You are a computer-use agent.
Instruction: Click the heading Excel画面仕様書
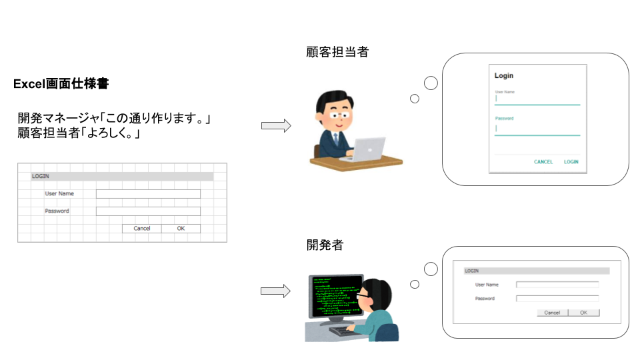[x=61, y=85]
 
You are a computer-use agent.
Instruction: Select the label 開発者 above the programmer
[x=324, y=245]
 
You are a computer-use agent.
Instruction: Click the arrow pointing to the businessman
[x=275, y=125]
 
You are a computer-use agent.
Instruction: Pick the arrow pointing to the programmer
[x=275, y=291]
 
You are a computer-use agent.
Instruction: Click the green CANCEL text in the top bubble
[x=543, y=162]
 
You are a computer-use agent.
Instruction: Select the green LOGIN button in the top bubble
[x=571, y=162]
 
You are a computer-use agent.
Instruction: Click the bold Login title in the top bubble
[x=504, y=76]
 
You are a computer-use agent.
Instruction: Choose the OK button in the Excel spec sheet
[x=181, y=228]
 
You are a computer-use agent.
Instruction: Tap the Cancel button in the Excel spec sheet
[x=142, y=228]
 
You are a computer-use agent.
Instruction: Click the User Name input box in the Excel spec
[x=148, y=194]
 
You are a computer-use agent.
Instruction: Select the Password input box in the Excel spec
[x=148, y=211]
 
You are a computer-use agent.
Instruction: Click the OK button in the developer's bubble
[x=583, y=312]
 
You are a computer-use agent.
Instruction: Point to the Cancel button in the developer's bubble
[x=552, y=312]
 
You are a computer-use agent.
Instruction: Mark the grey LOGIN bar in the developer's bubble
[x=537, y=271]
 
